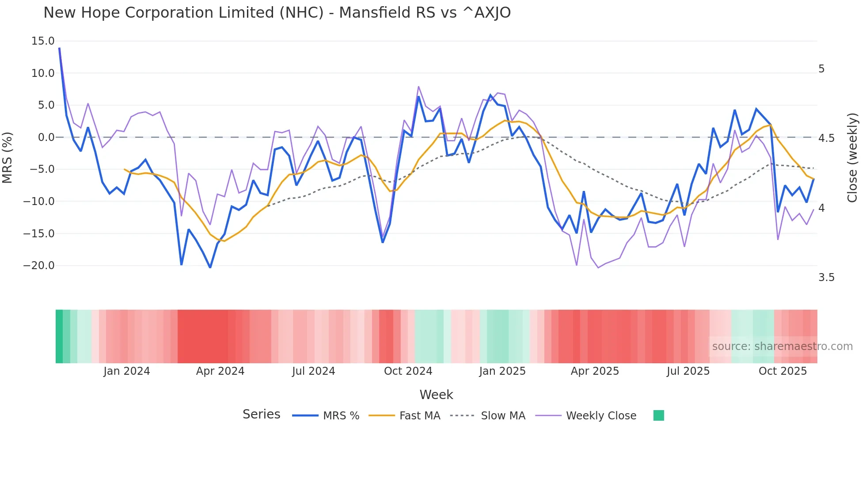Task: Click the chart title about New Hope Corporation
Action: click(277, 13)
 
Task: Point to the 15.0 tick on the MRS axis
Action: click(43, 41)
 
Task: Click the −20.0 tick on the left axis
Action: click(39, 266)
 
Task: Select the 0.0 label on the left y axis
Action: click(46, 137)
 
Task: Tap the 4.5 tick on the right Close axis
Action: click(826, 138)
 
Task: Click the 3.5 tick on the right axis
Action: click(826, 278)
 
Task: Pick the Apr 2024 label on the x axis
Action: click(220, 371)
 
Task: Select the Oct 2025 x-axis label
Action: click(782, 371)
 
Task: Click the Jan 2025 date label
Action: click(502, 371)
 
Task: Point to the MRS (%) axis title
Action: click(8, 157)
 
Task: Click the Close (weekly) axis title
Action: click(852, 158)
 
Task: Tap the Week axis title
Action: click(436, 395)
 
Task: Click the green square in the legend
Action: click(658, 415)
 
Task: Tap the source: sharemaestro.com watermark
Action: click(782, 346)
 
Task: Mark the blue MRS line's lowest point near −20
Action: click(210, 267)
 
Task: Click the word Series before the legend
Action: click(261, 415)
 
